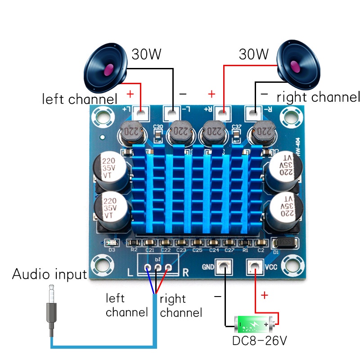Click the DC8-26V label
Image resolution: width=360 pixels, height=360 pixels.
259,341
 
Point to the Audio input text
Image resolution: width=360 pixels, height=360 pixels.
49,274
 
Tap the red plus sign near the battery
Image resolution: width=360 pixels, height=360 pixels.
264,295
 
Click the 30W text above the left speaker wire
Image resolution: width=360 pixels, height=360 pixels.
146,54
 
